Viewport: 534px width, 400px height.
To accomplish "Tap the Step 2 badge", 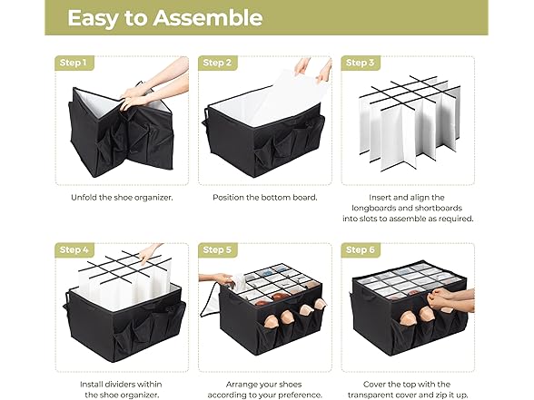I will point(217,63).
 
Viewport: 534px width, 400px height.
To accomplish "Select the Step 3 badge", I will point(358,63).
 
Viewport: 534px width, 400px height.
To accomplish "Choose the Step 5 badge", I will point(217,249).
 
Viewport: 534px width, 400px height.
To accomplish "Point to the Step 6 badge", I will point(358,249).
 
